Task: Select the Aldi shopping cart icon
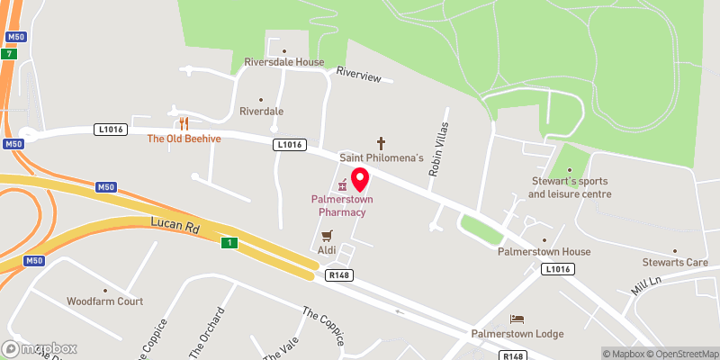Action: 327,236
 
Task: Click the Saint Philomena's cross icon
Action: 381,143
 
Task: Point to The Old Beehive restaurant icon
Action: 184,123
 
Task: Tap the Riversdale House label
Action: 283,63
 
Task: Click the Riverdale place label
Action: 262,111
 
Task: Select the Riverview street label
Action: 364,76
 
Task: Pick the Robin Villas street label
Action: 440,148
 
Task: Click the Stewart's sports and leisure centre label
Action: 570,187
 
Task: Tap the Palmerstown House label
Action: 544,252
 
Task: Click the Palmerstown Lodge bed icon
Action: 517,319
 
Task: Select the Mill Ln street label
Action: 645,286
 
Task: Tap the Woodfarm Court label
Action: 104,301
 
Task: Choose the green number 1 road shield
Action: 230,243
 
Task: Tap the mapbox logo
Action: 40,348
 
